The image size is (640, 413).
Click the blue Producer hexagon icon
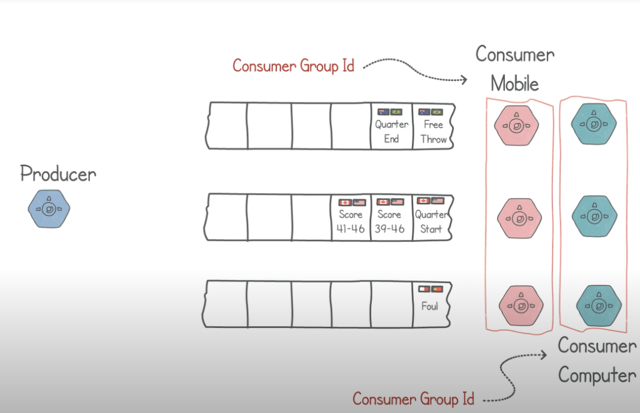pyautogui.click(x=49, y=209)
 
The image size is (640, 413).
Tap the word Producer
pyautogui.click(x=58, y=174)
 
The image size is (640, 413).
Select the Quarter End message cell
pyautogui.click(x=392, y=126)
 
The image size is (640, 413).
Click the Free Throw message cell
pyautogui.click(x=433, y=126)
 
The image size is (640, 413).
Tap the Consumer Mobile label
pyautogui.click(x=515, y=69)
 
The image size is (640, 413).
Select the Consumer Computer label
pyautogui.click(x=597, y=360)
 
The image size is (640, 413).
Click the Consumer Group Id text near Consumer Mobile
pyautogui.click(x=293, y=66)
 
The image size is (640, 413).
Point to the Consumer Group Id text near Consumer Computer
pyautogui.click(x=413, y=398)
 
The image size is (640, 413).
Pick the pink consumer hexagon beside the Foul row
pyautogui.click(x=519, y=305)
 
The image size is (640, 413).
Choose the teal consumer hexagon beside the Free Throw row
pyautogui.click(x=593, y=124)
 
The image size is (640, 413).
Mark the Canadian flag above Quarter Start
pyautogui.click(x=424, y=201)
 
